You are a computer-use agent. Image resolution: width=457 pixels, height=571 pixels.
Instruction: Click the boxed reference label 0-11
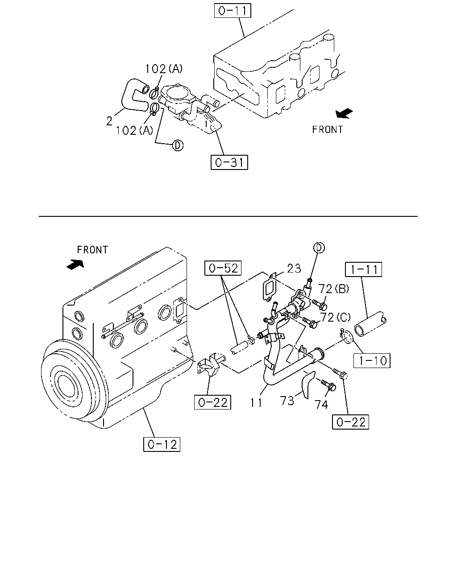233,11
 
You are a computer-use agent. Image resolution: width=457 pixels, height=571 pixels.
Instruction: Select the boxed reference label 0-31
229,162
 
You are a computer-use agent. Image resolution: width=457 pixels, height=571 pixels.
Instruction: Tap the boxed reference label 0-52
223,268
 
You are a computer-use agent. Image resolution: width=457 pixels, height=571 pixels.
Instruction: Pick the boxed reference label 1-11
364,269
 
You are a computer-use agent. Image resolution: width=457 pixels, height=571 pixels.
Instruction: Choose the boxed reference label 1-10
372,360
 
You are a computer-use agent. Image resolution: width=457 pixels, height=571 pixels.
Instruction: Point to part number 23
294,269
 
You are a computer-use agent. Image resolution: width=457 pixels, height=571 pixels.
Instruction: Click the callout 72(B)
333,289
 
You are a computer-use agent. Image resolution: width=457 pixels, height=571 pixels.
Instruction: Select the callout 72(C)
335,317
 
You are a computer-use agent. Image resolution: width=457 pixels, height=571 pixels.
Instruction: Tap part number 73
287,401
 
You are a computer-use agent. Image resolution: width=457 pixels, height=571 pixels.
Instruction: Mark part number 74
322,404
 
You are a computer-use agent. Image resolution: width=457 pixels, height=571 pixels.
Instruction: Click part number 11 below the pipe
256,403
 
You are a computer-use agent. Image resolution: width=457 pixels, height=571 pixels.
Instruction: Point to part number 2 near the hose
109,121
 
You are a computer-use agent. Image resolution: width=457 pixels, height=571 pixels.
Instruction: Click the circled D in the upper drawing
178,145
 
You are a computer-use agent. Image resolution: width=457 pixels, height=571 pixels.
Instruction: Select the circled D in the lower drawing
319,248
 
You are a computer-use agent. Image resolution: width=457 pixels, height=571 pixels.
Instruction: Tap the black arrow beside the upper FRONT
344,113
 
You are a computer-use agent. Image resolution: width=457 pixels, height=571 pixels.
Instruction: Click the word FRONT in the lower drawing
92,250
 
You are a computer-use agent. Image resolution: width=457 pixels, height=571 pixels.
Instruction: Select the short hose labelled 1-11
371,324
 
